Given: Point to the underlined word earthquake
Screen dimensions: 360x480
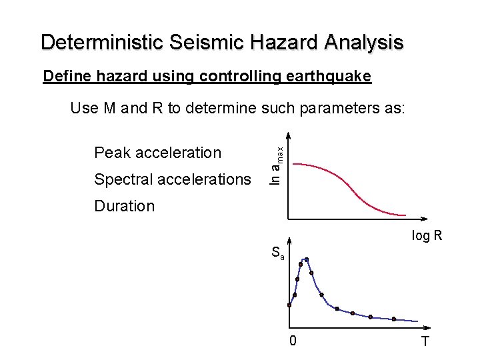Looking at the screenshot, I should (331, 77).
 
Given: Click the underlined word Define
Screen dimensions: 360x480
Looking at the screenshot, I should (64, 77).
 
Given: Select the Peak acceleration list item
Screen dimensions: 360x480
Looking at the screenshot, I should (157, 153).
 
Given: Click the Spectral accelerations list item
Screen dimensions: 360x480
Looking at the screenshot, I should (173, 179).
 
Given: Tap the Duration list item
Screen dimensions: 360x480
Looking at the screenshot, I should (124, 206).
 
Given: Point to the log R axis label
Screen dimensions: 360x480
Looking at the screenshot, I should (427, 236).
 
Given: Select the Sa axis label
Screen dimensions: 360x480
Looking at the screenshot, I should (277, 253).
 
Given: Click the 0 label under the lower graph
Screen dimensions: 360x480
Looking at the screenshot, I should (293, 342).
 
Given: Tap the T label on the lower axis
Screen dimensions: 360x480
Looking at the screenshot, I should (425, 342).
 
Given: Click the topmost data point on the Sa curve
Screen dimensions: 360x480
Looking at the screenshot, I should (307, 259).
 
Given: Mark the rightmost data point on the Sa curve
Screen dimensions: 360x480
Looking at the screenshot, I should (394, 319).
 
